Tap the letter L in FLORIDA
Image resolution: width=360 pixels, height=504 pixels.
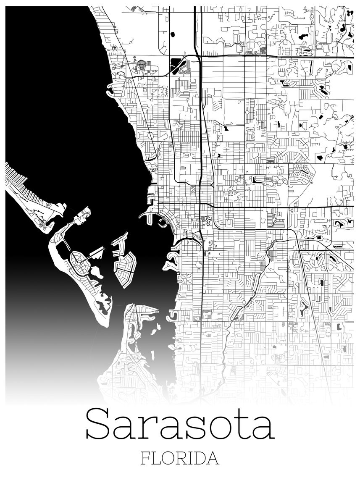tap(157, 458)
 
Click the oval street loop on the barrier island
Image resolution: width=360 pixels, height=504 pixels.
tap(79, 262)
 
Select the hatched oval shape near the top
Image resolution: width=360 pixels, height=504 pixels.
tap(142, 65)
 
